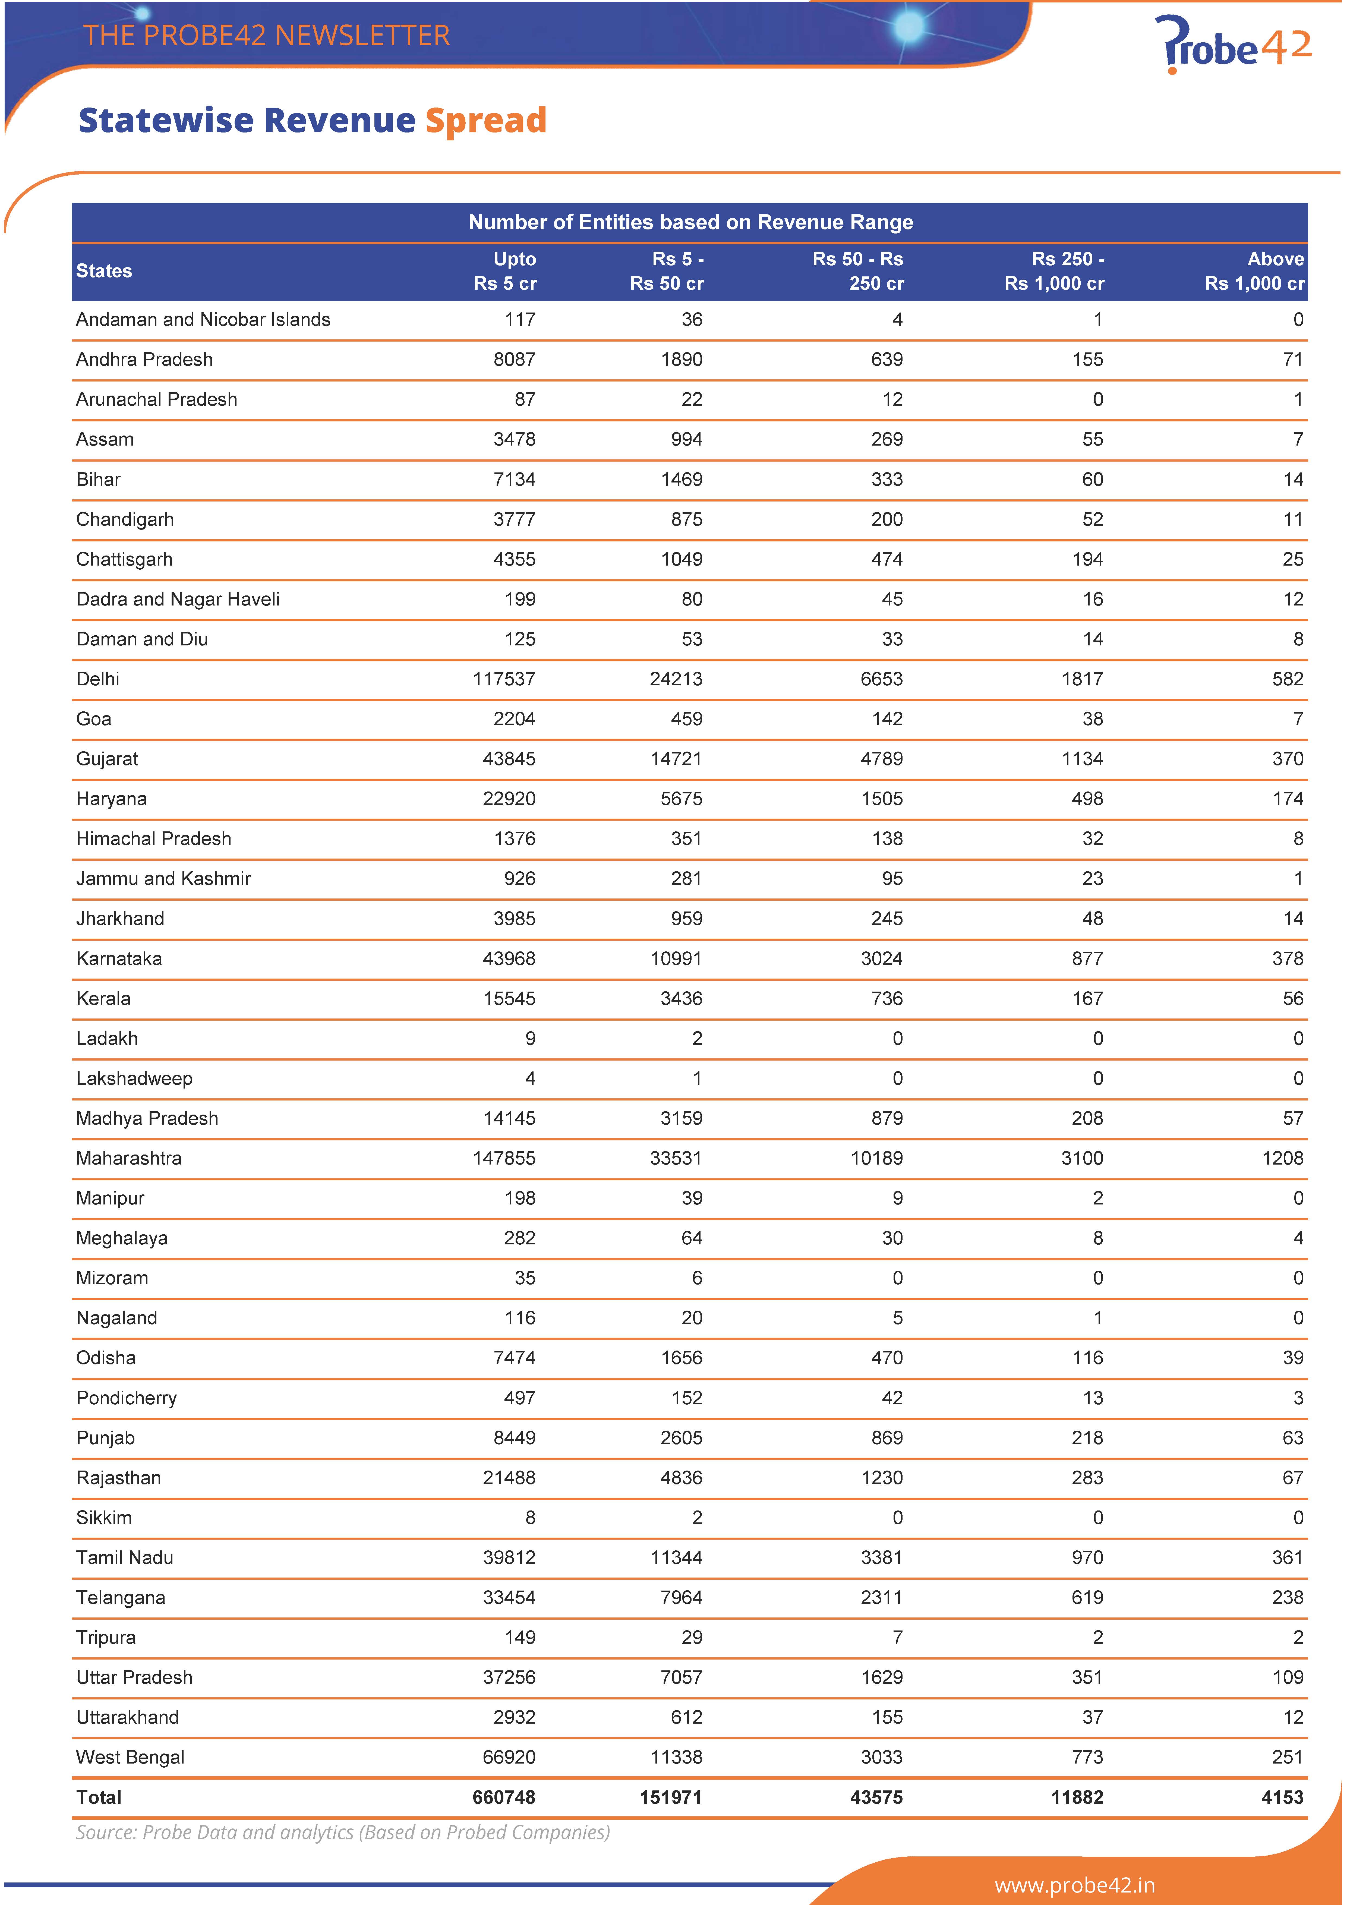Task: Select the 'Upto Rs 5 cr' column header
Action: point(504,271)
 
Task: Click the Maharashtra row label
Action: point(129,1158)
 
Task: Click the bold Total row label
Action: point(99,1797)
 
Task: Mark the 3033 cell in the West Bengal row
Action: point(881,1757)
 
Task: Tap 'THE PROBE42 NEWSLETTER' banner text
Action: point(266,36)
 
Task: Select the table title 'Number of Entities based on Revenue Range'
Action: point(690,222)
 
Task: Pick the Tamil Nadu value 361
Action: point(1287,1557)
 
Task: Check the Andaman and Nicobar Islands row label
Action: point(203,319)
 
